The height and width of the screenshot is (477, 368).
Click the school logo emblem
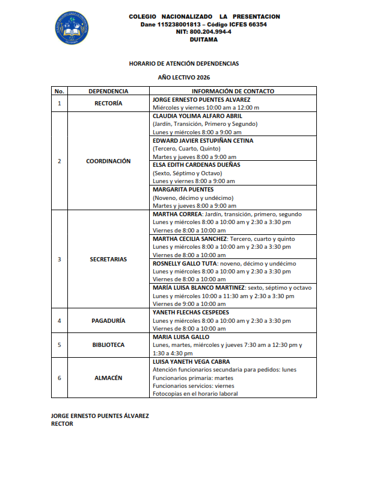coord(72,27)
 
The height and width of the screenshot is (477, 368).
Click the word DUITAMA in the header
coord(204,40)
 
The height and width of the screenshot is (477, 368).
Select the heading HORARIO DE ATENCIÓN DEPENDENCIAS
coord(184,63)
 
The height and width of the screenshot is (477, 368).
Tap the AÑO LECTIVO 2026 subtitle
coord(184,78)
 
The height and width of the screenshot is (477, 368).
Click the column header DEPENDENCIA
coord(108,92)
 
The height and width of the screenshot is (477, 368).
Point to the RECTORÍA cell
coord(108,104)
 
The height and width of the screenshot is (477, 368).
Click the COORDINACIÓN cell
coord(108,161)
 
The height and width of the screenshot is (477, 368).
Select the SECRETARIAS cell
coord(108,259)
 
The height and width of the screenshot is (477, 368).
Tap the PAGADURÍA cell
coord(108,320)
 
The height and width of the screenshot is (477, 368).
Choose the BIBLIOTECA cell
coord(108,345)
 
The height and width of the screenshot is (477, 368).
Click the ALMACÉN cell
coord(108,378)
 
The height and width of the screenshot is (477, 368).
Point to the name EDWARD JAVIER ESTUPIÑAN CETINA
coord(203,140)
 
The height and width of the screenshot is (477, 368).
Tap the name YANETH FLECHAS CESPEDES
coord(191,313)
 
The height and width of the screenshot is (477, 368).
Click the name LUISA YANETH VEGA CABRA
coord(192,361)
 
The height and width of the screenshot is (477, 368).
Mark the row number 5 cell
coord(59,345)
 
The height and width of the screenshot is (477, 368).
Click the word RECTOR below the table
coord(62,424)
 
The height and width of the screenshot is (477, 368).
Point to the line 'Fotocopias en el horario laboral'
coord(195,394)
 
